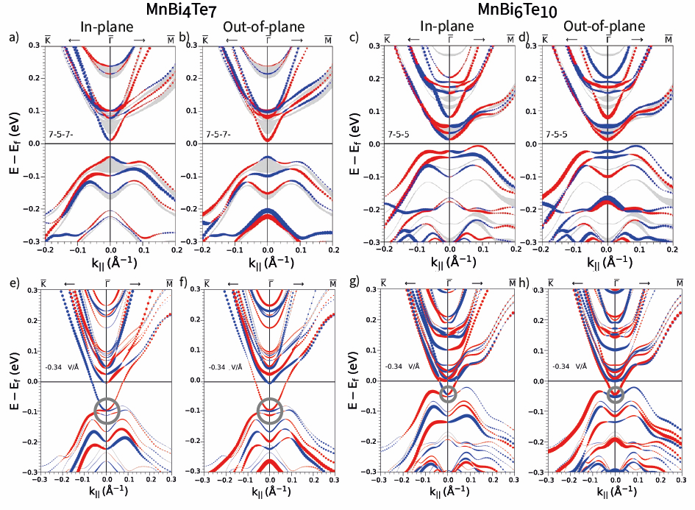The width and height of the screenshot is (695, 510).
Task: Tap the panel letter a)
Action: tap(10, 35)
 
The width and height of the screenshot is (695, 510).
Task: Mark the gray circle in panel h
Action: tap(616, 394)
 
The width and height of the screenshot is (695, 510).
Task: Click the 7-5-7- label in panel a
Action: tap(61, 135)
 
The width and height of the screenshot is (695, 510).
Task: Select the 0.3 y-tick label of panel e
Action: tap(34, 291)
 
